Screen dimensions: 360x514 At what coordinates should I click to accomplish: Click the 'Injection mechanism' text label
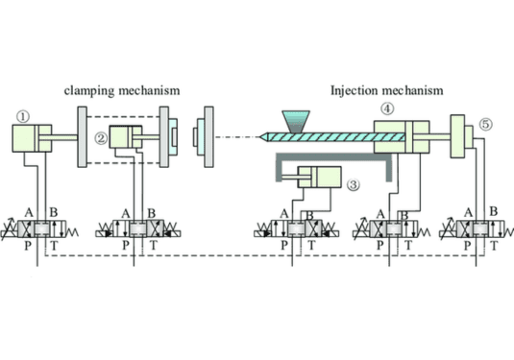(x=386, y=91)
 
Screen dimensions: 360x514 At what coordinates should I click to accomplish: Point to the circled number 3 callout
(x=354, y=186)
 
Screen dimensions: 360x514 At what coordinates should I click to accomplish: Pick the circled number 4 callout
(x=386, y=108)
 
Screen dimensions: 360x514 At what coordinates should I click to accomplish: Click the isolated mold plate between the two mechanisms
(x=203, y=138)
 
